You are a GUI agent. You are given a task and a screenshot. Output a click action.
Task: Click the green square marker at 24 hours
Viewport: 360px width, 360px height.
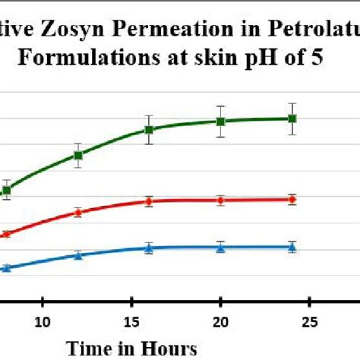coord(292,118)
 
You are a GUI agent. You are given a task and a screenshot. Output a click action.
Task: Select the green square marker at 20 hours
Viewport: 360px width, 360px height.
coord(220,122)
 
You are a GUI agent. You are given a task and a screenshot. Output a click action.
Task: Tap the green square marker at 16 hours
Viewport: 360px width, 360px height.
coord(150,130)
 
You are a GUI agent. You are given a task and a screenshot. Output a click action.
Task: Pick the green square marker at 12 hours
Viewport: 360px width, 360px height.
coord(78,156)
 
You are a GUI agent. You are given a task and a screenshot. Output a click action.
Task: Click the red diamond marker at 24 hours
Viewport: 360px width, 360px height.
coord(292,200)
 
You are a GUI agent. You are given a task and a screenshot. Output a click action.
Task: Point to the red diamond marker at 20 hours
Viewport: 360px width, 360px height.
coord(220,201)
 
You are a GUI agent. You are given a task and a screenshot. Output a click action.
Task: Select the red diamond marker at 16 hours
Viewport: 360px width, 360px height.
coord(150,201)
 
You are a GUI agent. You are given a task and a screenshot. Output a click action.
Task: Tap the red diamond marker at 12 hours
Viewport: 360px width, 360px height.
coord(78,213)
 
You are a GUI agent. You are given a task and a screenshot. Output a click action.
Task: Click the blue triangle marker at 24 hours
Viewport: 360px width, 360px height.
coord(292,246)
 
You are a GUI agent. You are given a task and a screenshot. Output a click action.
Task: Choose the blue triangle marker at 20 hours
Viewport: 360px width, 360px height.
coord(220,247)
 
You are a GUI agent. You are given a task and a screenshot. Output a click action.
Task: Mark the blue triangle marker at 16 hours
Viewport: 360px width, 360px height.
coord(150,248)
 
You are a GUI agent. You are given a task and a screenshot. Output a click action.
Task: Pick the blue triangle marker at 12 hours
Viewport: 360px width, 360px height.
coord(78,255)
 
